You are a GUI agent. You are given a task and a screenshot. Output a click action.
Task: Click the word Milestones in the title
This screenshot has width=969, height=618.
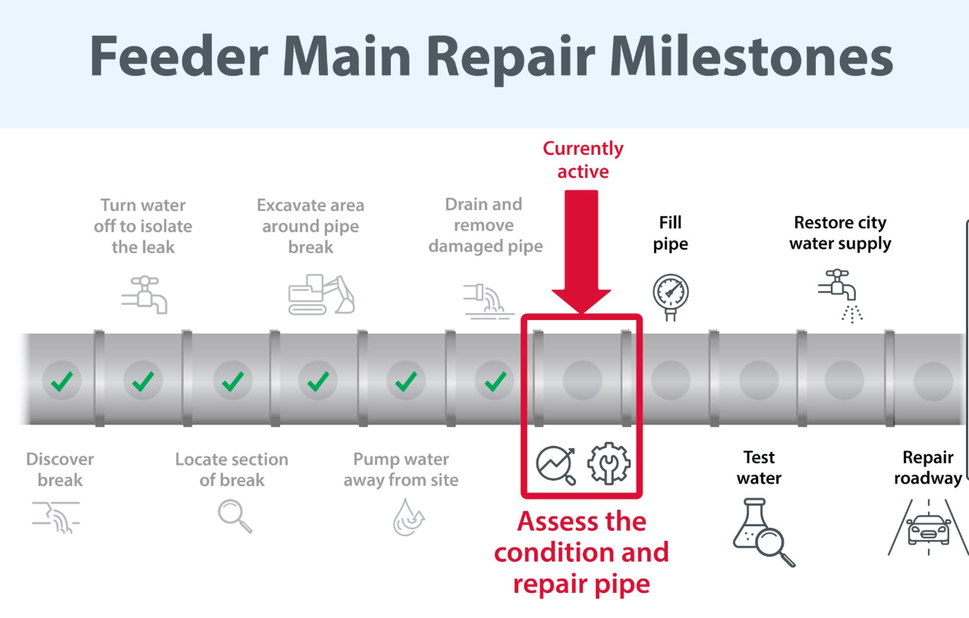tap(751, 56)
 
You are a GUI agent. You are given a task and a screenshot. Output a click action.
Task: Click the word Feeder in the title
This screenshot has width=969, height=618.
tap(178, 56)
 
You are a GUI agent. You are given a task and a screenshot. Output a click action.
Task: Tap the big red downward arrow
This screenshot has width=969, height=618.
tap(581, 252)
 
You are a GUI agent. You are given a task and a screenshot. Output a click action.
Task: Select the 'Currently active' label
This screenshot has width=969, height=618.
tap(583, 160)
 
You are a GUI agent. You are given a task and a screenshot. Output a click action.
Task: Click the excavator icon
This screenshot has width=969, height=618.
tap(322, 294)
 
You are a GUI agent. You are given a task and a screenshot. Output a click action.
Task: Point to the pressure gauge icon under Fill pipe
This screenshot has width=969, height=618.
tap(671, 297)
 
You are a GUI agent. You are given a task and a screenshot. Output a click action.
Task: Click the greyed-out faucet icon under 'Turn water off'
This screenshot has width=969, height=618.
tap(144, 295)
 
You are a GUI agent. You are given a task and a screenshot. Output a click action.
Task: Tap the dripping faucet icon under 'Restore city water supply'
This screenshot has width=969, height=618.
tap(841, 296)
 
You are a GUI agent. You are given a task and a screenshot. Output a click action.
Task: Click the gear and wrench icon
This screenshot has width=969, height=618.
tap(609, 463)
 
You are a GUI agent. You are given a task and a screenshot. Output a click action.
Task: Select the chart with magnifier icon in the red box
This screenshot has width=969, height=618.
tap(556, 466)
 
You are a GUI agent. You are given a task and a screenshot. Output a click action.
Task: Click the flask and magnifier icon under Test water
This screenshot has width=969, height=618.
tap(764, 532)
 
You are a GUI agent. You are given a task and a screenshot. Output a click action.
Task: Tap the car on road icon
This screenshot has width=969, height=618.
tap(928, 528)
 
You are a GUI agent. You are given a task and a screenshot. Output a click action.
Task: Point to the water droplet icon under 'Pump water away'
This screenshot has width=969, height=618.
tap(408, 517)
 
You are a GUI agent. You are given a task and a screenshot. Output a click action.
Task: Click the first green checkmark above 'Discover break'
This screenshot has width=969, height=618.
tap(62, 381)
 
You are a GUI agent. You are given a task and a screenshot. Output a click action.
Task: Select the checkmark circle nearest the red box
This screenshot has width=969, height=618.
tap(495, 381)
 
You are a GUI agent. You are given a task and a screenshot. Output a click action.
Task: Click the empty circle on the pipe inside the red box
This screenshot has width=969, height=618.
tap(582, 381)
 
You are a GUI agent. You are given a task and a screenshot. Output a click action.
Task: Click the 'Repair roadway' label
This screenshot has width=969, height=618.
tap(928, 468)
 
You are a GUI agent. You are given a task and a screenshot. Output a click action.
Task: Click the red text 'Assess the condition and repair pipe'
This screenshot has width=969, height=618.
tap(581, 553)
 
